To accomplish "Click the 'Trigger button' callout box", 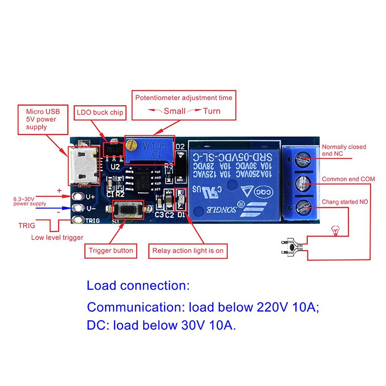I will point(111,250).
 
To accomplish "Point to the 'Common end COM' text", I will point(348,179).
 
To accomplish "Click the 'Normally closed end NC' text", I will point(344,150).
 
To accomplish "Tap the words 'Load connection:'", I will point(138,285).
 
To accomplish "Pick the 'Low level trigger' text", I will point(57,237).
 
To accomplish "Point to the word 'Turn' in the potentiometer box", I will point(211,111).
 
